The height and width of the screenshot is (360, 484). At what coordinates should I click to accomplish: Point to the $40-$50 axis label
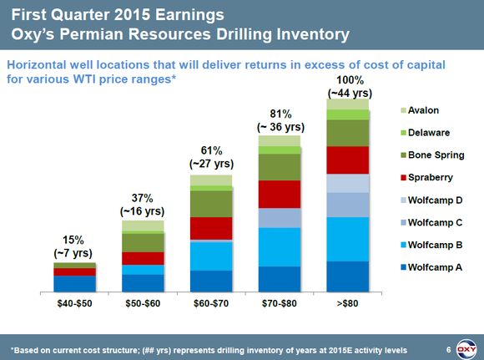point(74,303)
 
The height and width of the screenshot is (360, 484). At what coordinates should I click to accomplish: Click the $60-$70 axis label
point(210,303)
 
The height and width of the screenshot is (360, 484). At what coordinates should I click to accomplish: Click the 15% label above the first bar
point(75,239)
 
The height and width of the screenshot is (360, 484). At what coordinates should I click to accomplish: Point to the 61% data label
point(211,150)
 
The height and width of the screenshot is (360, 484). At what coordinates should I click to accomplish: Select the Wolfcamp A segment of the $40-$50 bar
point(74,283)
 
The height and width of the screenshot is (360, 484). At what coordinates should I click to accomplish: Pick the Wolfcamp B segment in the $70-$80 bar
point(279,246)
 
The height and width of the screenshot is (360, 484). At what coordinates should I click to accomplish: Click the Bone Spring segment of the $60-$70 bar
point(210,204)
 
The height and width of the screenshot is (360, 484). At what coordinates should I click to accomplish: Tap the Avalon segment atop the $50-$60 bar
point(143,226)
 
